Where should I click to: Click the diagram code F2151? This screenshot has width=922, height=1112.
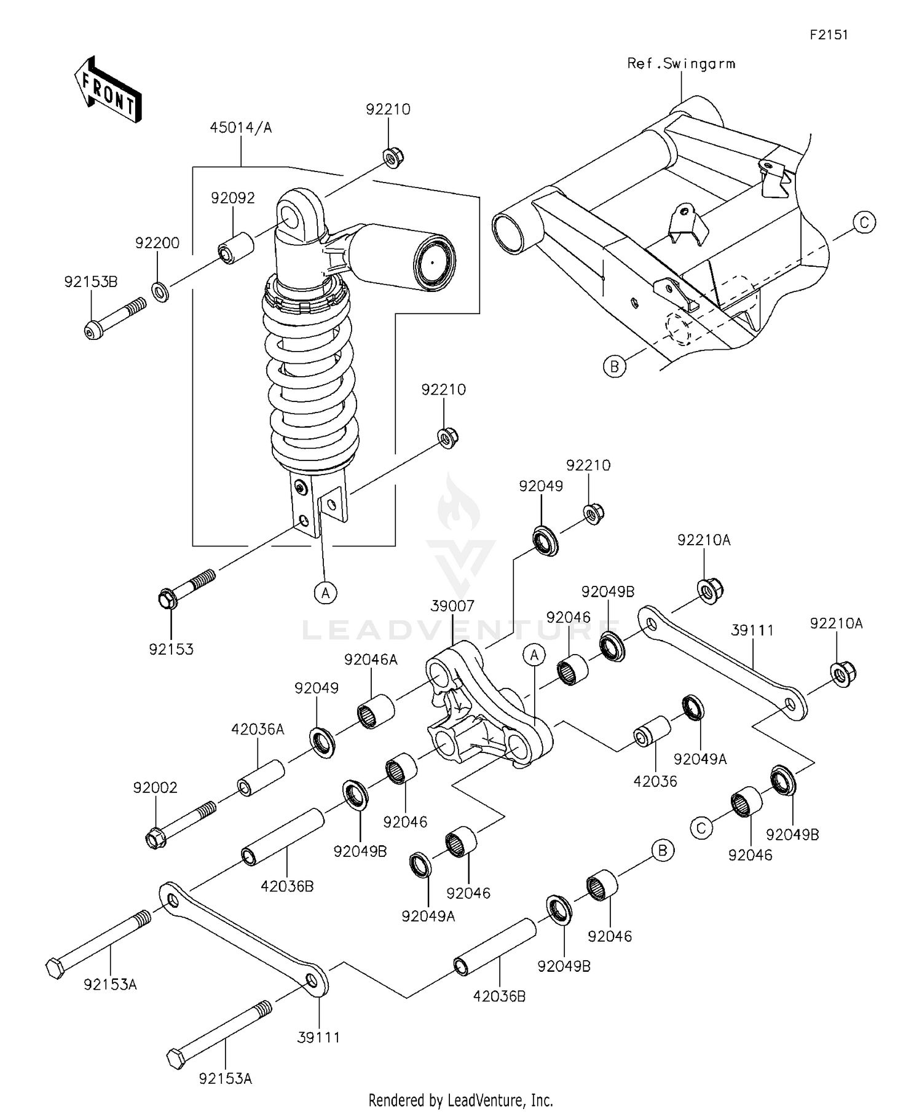click(828, 35)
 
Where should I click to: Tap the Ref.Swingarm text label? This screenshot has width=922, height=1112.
click(680, 63)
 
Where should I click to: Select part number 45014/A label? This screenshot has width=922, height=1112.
click(240, 128)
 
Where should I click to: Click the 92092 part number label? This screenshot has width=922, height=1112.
click(232, 198)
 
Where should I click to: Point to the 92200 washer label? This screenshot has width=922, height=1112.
click(157, 243)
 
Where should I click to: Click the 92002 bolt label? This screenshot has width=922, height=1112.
click(155, 787)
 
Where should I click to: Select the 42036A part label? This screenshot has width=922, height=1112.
click(258, 729)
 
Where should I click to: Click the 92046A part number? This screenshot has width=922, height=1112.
click(371, 660)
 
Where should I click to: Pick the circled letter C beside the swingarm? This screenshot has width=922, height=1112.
click(864, 222)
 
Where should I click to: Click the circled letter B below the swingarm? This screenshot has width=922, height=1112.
click(614, 366)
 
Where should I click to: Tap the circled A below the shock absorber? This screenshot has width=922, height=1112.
click(325, 593)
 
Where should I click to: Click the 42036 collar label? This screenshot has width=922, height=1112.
click(655, 781)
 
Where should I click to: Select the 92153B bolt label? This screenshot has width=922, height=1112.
click(90, 282)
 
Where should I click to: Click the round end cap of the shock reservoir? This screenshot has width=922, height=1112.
click(433, 261)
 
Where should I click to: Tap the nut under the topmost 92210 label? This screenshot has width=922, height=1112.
click(390, 157)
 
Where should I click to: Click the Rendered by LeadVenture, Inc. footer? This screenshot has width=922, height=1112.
click(460, 1100)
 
